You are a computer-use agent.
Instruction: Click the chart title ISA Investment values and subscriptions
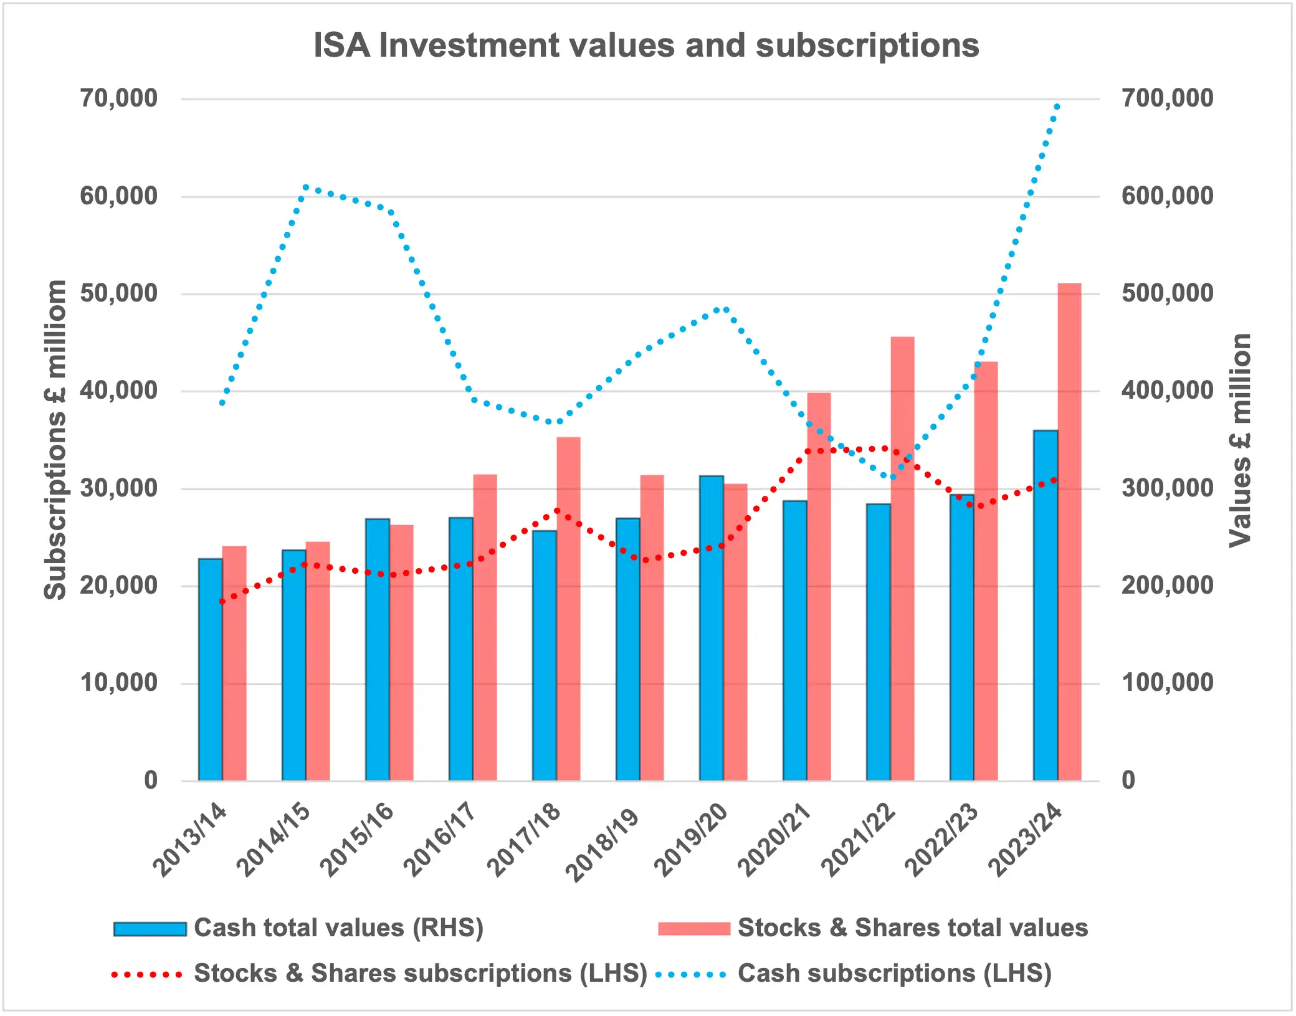(x=646, y=45)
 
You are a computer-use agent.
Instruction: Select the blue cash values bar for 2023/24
(x=1046, y=604)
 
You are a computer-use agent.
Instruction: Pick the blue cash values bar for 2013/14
(x=211, y=670)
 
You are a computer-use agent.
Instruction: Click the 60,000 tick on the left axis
(x=118, y=196)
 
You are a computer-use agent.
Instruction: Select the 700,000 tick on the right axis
(x=1167, y=98)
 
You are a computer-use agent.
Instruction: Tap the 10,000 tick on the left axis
(x=118, y=683)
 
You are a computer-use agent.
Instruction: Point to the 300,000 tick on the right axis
(x=1167, y=488)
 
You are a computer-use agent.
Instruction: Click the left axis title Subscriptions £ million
(x=55, y=439)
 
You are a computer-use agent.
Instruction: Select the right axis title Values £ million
(x=1240, y=440)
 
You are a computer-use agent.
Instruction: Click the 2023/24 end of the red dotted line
(x=1054, y=480)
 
